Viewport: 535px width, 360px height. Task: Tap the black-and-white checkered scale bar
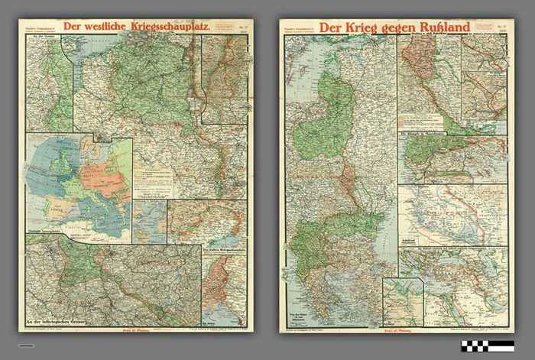tap(488, 346)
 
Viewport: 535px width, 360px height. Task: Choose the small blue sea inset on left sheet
tap(150, 222)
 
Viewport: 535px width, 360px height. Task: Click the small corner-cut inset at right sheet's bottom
tap(403, 302)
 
